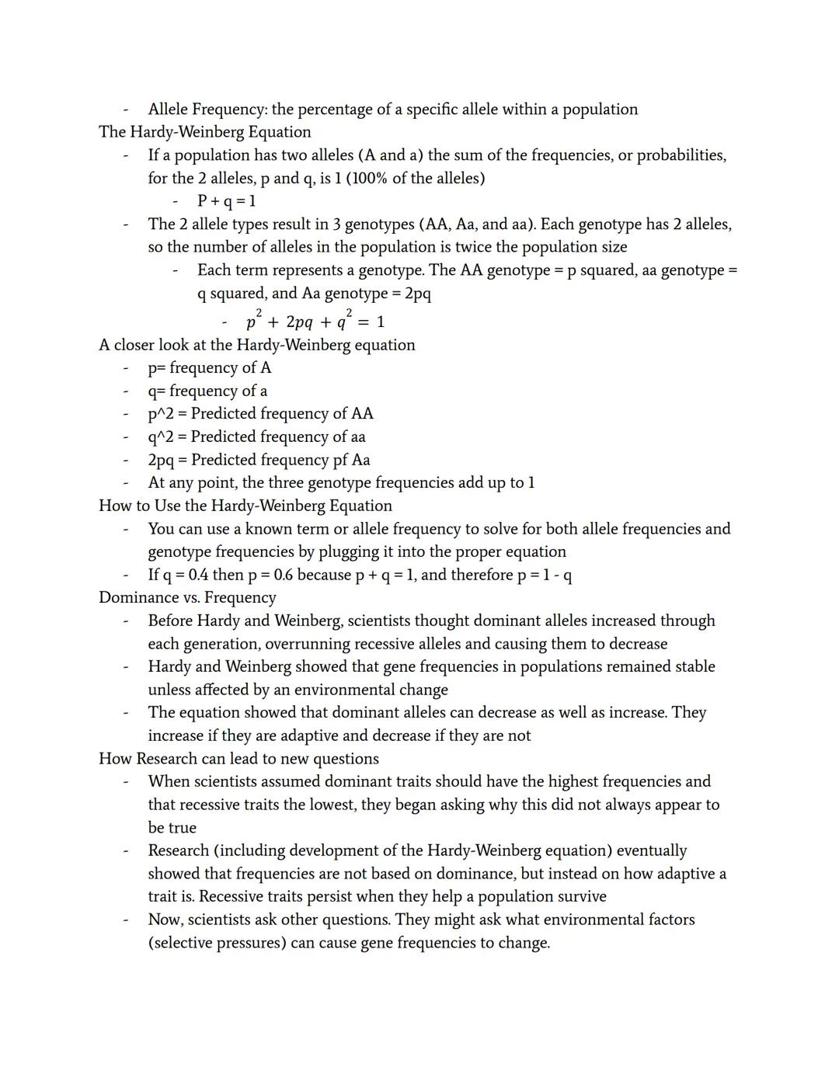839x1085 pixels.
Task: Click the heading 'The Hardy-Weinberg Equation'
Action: [x=204, y=132]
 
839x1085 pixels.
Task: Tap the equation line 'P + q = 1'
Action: [x=226, y=201]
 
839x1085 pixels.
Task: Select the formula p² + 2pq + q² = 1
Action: [x=315, y=322]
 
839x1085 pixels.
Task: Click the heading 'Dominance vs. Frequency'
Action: [x=187, y=597]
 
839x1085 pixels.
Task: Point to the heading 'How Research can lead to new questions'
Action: [x=238, y=759]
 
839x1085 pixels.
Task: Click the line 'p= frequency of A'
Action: [x=210, y=368]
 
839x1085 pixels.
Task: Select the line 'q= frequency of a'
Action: [x=207, y=391]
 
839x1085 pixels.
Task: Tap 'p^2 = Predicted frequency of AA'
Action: [x=260, y=414]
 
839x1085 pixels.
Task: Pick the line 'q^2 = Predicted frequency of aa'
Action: [x=256, y=436]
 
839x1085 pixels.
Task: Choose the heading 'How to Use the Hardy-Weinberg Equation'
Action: [x=245, y=506]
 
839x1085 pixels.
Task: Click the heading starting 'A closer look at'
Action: [x=256, y=345]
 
